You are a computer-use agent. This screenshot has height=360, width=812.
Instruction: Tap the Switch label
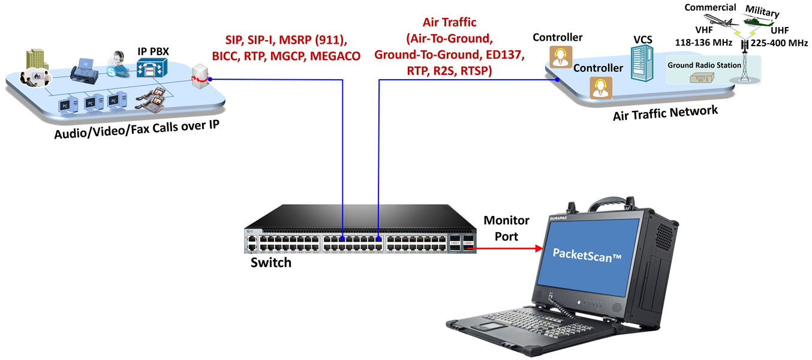(271, 262)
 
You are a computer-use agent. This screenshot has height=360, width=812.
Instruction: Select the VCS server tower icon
(641, 66)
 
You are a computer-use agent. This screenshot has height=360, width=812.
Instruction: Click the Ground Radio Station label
(705, 65)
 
